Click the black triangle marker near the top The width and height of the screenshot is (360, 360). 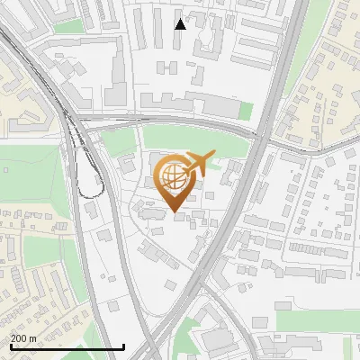(180, 24)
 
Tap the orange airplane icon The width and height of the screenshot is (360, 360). (199, 165)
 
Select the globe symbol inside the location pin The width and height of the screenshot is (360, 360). (175, 179)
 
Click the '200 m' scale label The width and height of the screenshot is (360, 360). (23, 337)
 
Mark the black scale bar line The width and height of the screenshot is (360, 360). (67, 346)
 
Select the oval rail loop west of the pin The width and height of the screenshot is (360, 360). (88, 173)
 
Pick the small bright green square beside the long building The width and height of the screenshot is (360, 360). (246, 109)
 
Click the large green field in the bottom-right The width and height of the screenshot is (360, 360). (315, 320)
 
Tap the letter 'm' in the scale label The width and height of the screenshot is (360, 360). (33, 337)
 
